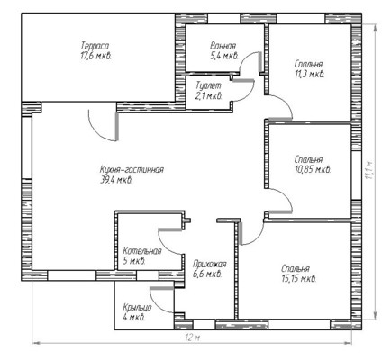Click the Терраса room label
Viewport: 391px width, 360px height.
point(95,46)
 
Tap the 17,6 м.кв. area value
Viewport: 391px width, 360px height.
point(96,56)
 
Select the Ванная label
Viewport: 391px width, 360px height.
point(223,46)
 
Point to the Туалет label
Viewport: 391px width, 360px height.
point(208,85)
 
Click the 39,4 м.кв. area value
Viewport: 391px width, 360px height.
point(116,180)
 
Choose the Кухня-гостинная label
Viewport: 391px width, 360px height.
point(132,170)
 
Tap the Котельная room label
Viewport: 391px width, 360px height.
point(142,251)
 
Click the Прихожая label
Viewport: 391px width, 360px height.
point(210,265)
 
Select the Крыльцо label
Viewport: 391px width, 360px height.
point(137,308)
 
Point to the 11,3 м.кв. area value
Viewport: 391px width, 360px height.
point(309,74)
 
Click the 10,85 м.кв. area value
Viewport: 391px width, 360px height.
point(313,170)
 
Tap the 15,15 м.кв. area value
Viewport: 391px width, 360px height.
point(299,279)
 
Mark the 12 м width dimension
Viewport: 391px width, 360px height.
point(193,337)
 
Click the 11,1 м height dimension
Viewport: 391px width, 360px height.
point(369,170)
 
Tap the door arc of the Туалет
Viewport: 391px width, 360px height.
point(249,94)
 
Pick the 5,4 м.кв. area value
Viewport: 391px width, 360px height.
point(224,56)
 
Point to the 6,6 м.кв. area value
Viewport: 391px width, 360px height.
point(207,274)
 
